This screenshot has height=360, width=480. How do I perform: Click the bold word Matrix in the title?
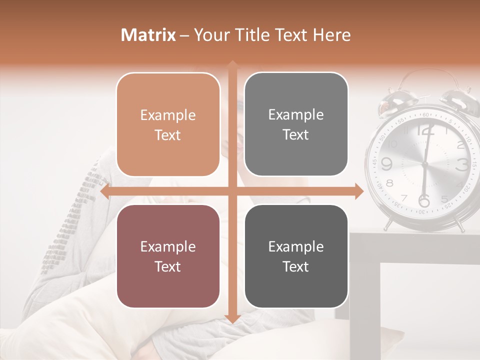(x=148, y=35)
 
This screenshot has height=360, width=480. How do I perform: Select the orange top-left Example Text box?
(x=168, y=124)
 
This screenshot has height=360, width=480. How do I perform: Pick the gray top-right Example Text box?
(x=296, y=124)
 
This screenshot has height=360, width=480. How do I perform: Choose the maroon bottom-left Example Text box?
(x=168, y=256)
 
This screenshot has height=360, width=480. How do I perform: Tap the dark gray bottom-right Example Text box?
(x=296, y=256)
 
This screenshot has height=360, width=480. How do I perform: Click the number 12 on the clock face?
(x=425, y=131)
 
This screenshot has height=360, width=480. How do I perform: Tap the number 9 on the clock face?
(x=386, y=164)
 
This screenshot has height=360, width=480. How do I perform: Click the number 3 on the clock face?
(x=462, y=164)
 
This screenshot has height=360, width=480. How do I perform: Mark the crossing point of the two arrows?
(x=232, y=191)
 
